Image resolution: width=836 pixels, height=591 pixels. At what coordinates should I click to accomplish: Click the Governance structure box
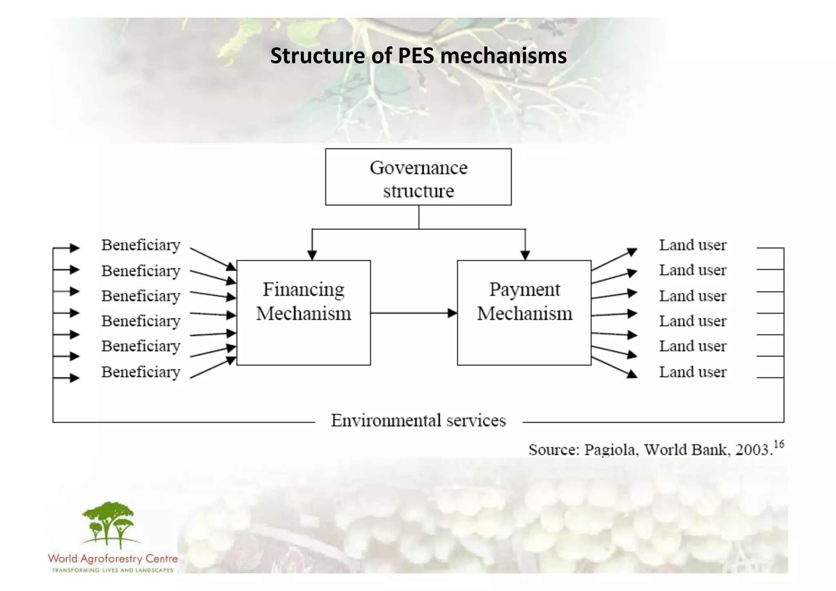click(x=418, y=177)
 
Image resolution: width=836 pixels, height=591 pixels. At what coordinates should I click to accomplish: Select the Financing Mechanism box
click(x=303, y=312)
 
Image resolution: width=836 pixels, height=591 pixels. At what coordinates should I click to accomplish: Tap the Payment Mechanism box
click(x=524, y=312)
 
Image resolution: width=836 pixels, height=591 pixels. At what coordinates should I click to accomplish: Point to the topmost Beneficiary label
click(x=141, y=245)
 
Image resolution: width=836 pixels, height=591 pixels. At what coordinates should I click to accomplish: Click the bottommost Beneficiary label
click(x=141, y=372)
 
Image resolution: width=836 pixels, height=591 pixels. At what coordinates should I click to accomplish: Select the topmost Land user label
click(x=693, y=245)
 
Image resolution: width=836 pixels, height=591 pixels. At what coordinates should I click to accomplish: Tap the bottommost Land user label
click(x=693, y=372)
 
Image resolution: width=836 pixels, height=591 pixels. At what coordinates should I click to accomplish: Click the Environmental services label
click(x=418, y=421)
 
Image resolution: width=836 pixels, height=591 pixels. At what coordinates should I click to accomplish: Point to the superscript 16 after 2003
click(x=779, y=444)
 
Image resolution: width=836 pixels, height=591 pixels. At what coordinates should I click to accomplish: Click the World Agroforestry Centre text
click(x=113, y=559)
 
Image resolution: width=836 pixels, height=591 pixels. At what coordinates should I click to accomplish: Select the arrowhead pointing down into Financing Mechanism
click(x=312, y=255)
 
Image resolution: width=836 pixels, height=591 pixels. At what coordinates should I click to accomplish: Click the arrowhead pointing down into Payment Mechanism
click(x=525, y=255)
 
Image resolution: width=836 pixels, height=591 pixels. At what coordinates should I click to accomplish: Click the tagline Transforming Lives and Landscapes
click(x=113, y=570)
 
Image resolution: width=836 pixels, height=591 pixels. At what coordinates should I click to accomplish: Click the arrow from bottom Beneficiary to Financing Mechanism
click(x=212, y=368)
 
